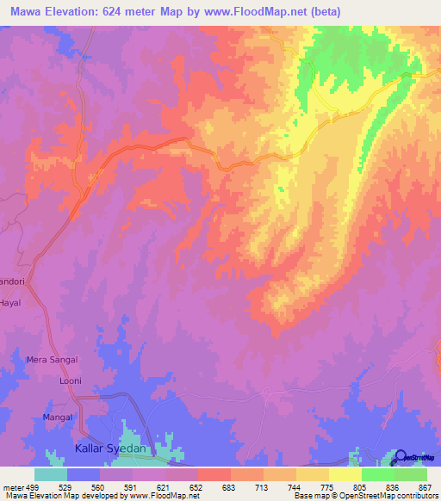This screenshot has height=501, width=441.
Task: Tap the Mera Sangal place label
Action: pyautogui.click(x=52, y=359)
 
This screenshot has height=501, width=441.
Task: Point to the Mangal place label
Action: pyautogui.click(x=58, y=417)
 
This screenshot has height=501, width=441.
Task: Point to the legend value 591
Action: pyautogui.click(x=133, y=486)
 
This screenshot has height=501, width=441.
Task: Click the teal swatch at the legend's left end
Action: pyautogui.click(x=50, y=474)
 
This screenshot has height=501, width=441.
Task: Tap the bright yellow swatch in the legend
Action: pyautogui.click(x=345, y=474)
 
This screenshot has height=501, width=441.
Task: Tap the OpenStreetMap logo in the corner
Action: pyautogui.click(x=417, y=456)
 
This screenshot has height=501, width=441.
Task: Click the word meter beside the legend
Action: pyautogui.click(x=11, y=486)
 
